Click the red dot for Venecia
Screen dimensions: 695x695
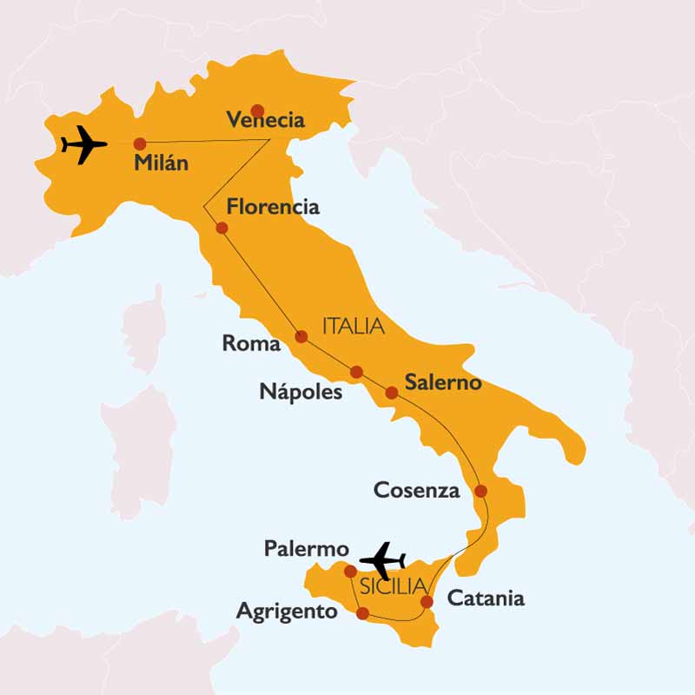[x=257, y=110]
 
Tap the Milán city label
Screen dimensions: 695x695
[x=162, y=162]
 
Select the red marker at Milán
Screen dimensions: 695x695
[x=139, y=143]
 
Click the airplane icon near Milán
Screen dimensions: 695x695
[x=83, y=144]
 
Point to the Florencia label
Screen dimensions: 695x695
[x=272, y=207]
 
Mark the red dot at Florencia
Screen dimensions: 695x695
[x=222, y=228]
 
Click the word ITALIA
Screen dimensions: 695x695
[x=353, y=327]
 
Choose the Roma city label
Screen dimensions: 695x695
[x=251, y=343]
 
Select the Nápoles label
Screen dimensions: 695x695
[x=301, y=392]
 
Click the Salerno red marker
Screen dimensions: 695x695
[x=392, y=393]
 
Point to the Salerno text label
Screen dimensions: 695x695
[x=443, y=382]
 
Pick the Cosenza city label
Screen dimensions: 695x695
[x=416, y=490]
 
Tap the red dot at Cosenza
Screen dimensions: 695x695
[x=481, y=491]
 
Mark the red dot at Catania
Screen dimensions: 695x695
[x=427, y=601]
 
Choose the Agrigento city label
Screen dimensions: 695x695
[x=287, y=612]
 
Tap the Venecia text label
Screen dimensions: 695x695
[x=265, y=121]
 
